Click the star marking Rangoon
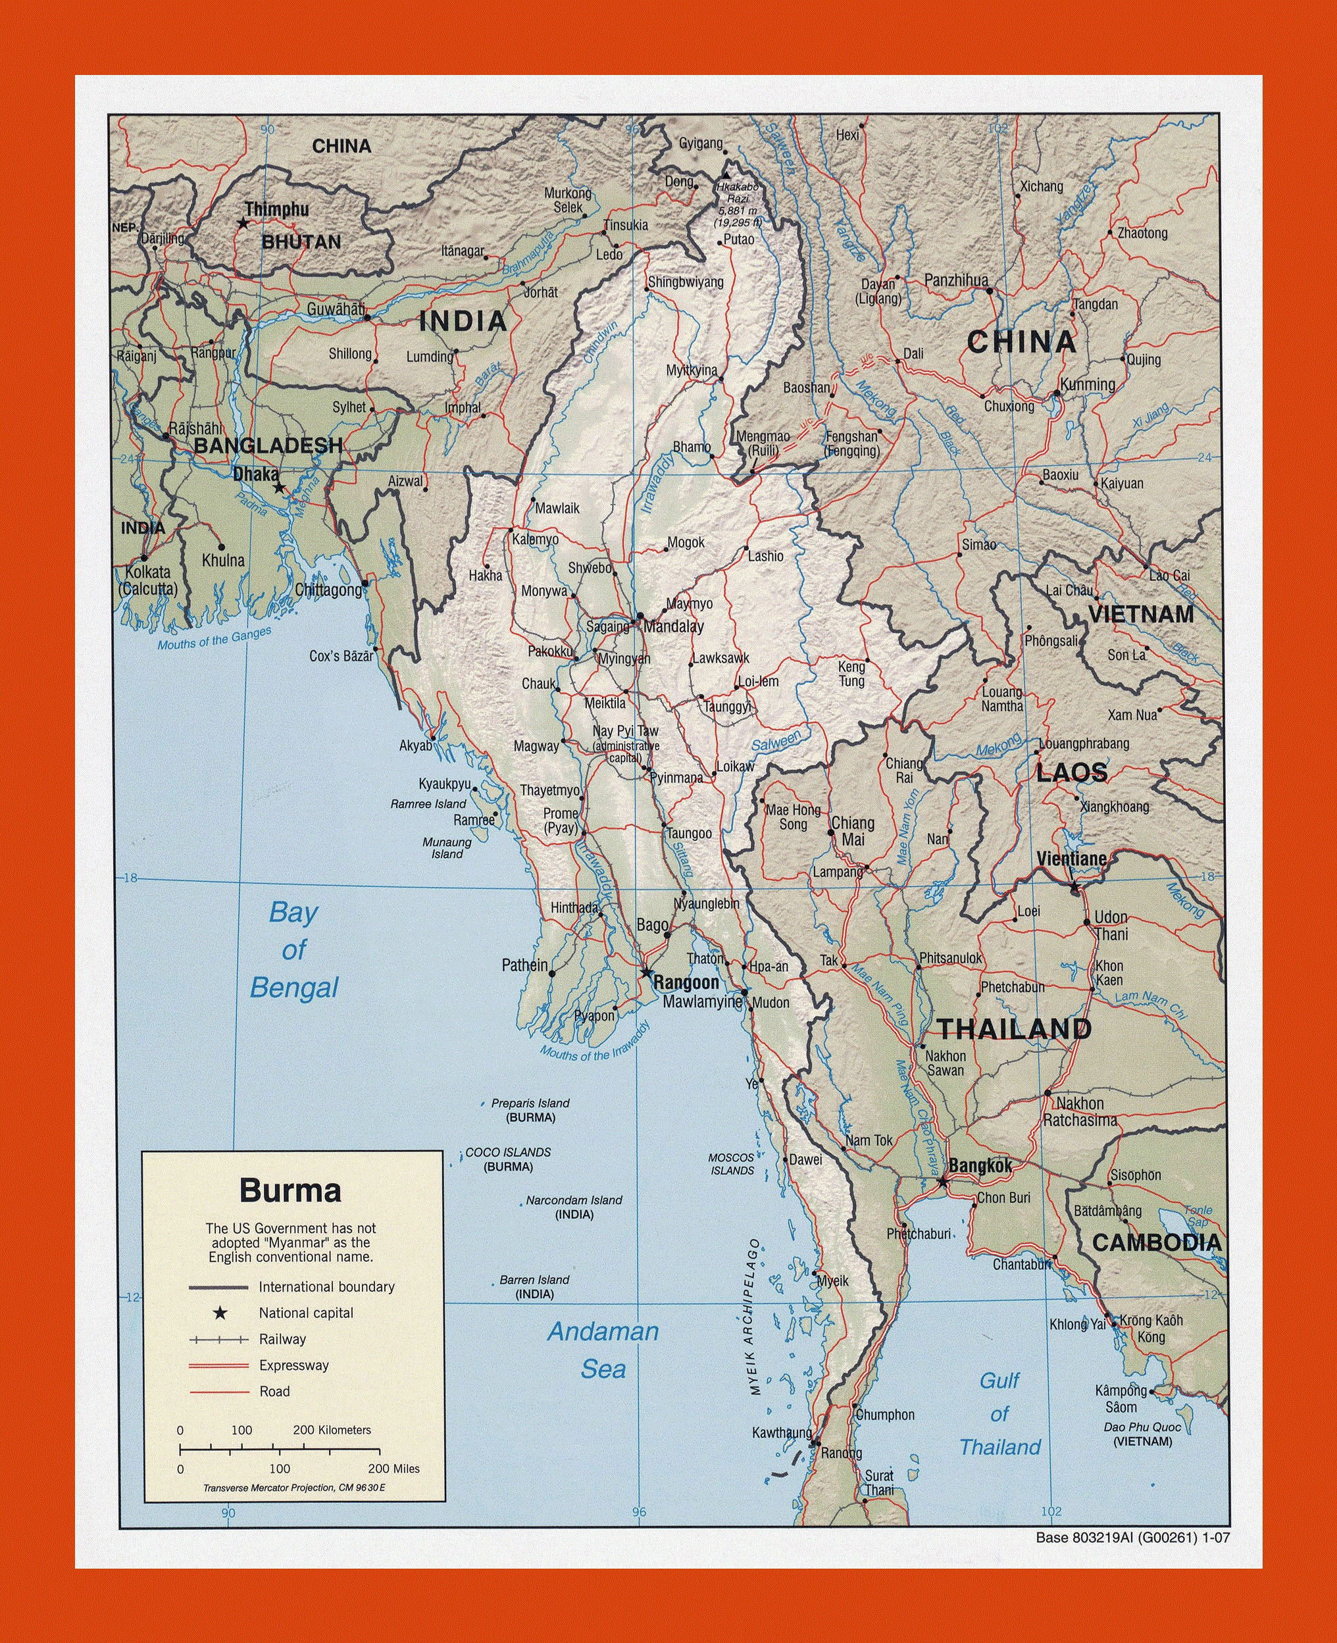coord(646,973)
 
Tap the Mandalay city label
coord(673,626)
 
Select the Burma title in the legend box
coord(290,1190)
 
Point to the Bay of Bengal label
coord(293,949)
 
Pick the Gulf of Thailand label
coord(999,1413)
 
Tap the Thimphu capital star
coord(243,223)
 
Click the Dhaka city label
coord(256,474)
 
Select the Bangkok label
coord(980,1166)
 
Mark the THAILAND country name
coord(1013,1029)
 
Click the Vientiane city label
coord(1071,858)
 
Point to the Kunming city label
coord(1087,384)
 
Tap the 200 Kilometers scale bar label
coord(332,1430)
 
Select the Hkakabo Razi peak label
coord(737,204)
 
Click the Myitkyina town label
coord(691,370)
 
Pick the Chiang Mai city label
coord(852,831)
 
